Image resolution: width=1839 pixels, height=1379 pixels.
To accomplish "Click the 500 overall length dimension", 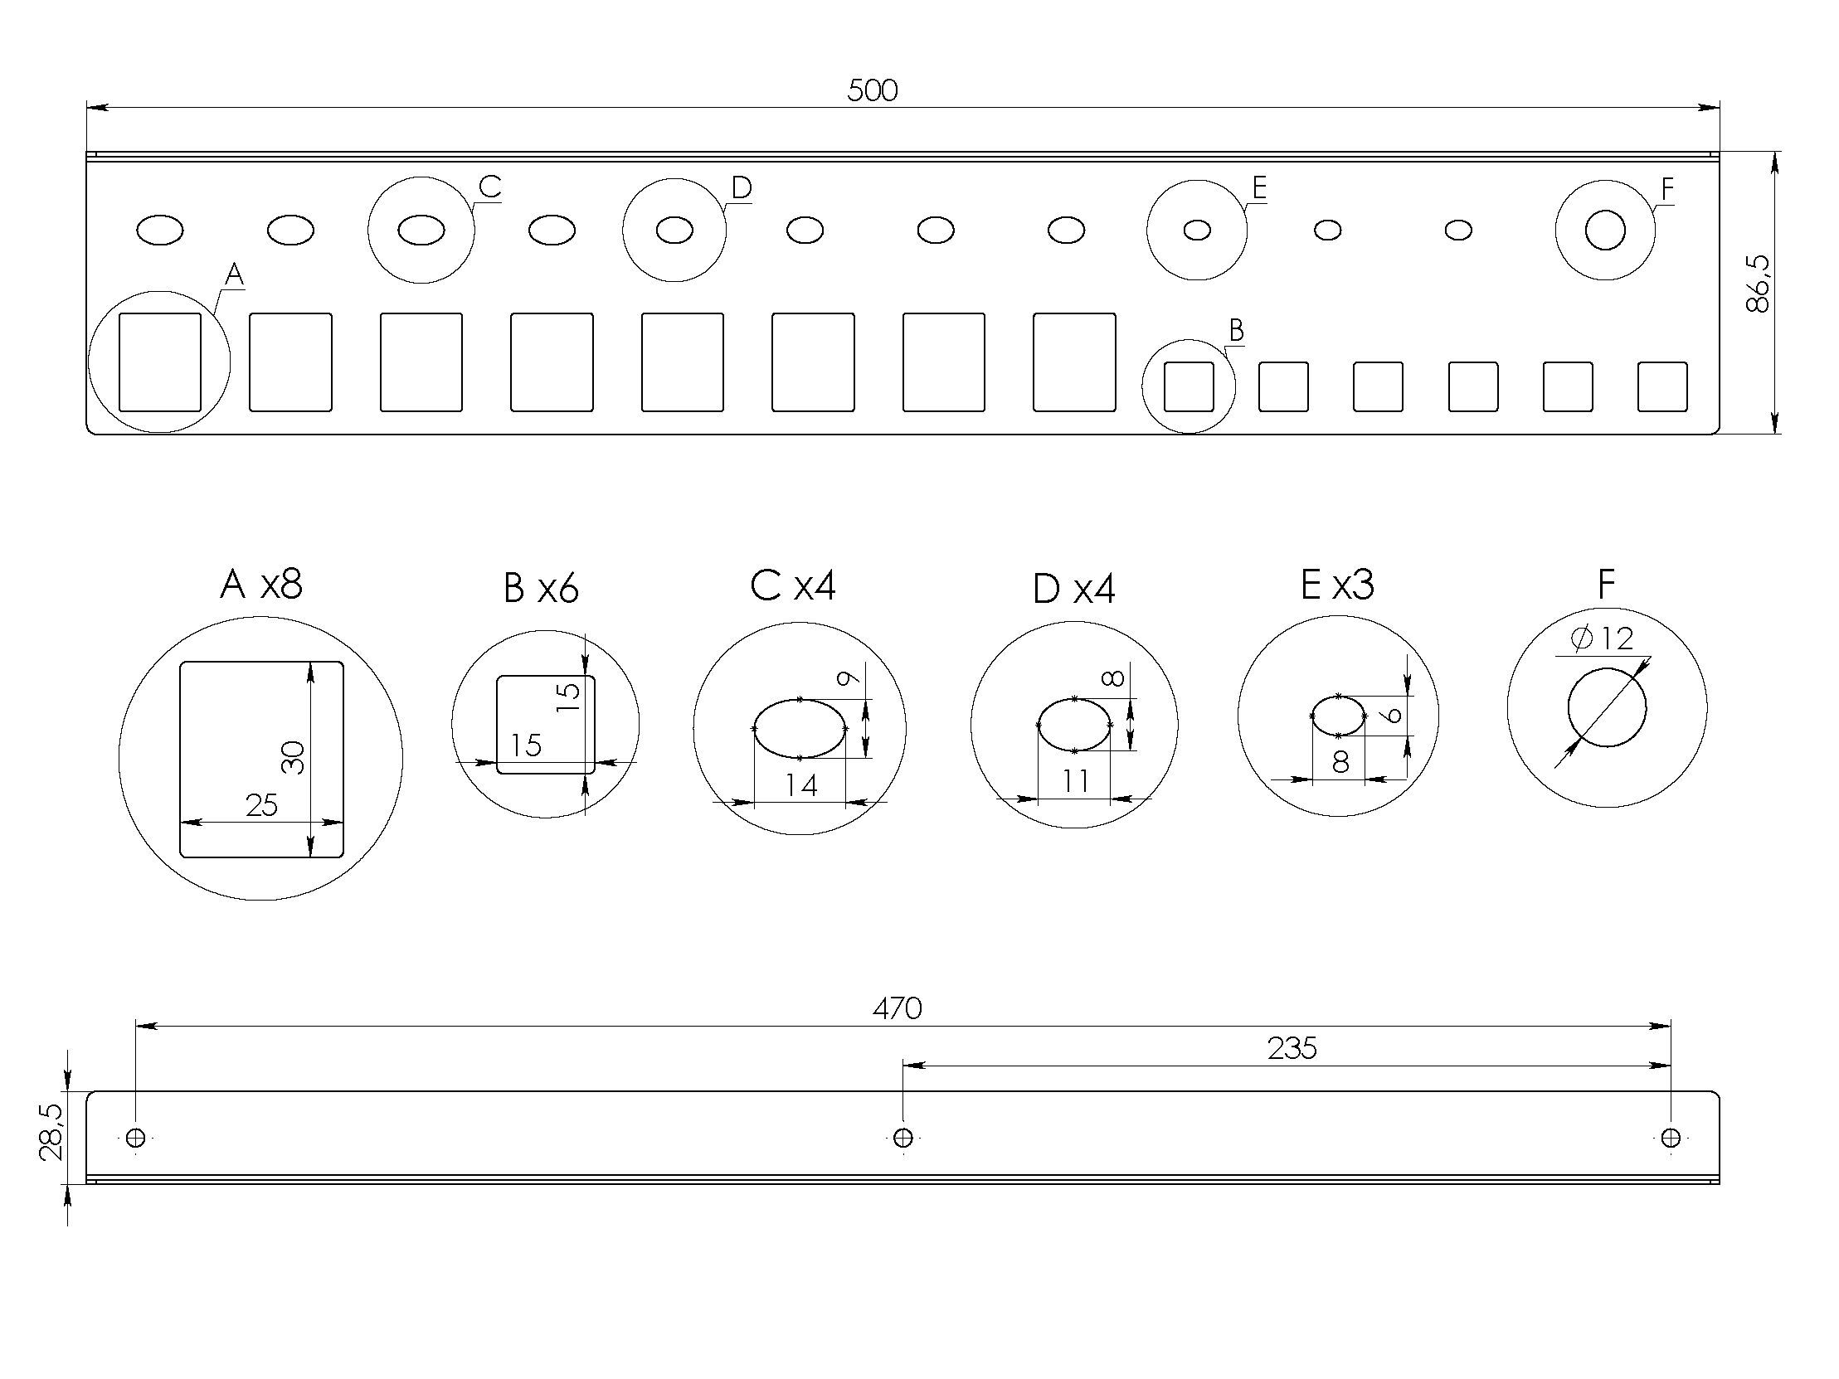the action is (872, 90).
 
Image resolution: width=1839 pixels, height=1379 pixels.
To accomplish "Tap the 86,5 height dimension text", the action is (1759, 284).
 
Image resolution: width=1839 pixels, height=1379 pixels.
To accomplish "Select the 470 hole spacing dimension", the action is (897, 1008).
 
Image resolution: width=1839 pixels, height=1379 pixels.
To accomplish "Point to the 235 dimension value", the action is (1292, 1049).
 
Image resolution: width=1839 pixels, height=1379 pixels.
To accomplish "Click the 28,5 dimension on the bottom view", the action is (51, 1132).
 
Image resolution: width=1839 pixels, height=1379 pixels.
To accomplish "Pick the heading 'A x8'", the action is (261, 585).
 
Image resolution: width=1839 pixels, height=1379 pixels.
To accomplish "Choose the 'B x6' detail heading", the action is (540, 589).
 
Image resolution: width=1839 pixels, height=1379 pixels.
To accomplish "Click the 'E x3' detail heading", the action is (1337, 585).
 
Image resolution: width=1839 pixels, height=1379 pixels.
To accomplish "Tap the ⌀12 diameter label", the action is (1602, 639).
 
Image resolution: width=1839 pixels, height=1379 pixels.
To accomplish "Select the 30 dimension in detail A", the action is (294, 757).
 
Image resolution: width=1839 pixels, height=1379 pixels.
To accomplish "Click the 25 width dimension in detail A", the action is (261, 805).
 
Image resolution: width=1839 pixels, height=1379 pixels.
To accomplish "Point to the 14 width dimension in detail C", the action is (800, 785).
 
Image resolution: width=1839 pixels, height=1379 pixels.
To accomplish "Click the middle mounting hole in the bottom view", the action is (902, 1137).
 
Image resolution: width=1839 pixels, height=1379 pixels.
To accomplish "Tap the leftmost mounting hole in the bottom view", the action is (136, 1137).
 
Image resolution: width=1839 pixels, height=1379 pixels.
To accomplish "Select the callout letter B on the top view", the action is (1236, 330).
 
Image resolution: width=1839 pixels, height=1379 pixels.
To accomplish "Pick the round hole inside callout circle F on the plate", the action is (1604, 231).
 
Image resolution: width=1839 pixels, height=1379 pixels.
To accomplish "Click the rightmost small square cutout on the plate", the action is (1662, 386).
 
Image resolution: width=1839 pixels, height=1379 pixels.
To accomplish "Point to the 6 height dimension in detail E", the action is (1394, 715).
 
